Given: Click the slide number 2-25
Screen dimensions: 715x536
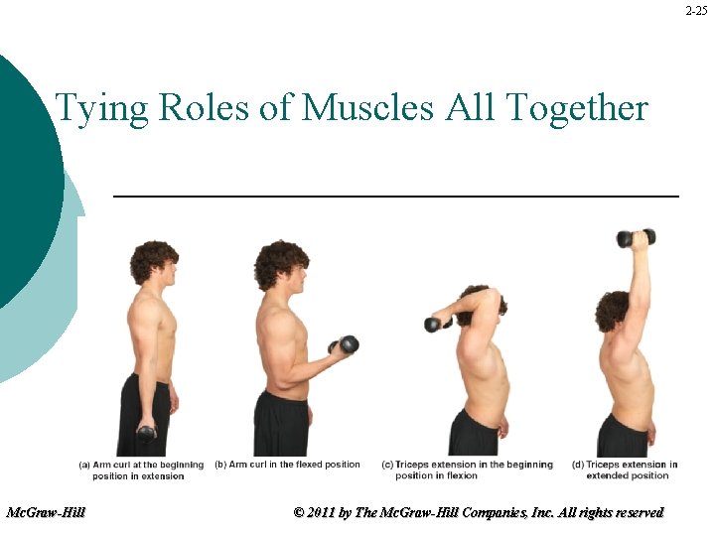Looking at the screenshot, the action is click(696, 11).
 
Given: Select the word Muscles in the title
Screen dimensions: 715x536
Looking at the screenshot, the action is click(367, 106).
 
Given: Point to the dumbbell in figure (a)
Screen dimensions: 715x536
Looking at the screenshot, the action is click(147, 433).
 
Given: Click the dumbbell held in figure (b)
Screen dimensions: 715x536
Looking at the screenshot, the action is click(345, 345).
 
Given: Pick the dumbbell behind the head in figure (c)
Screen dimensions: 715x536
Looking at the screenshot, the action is click(436, 324).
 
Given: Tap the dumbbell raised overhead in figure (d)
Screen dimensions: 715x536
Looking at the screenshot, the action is click(637, 238).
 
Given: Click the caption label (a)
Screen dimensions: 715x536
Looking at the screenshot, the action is click(84, 465).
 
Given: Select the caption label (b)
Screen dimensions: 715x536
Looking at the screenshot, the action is click(220, 465).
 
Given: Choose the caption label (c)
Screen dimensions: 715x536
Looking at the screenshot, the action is click(387, 465).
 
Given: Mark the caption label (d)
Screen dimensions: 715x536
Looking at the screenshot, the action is click(578, 465).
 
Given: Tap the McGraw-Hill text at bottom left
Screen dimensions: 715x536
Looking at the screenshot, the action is click(46, 513).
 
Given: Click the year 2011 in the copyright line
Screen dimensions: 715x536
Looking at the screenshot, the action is click(322, 513).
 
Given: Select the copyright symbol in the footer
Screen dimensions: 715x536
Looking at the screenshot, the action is click(299, 513).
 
